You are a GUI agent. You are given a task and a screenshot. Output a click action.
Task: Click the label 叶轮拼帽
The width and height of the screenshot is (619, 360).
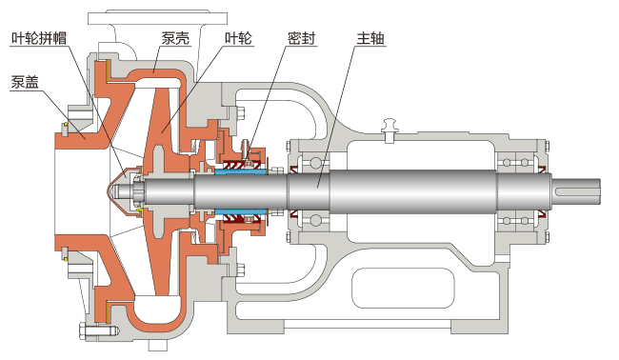(39, 38)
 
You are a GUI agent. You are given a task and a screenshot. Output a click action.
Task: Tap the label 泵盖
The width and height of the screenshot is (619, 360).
(25, 82)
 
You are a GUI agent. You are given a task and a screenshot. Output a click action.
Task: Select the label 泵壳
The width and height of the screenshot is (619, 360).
(175, 38)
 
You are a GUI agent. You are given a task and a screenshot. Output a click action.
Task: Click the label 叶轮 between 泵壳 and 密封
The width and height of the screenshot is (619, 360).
(238, 38)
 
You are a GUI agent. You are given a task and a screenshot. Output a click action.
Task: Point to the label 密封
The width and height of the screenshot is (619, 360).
(301, 38)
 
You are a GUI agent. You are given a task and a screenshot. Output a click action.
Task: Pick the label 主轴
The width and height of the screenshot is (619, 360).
(370, 38)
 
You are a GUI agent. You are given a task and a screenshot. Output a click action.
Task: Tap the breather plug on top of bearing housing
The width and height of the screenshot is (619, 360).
(389, 130)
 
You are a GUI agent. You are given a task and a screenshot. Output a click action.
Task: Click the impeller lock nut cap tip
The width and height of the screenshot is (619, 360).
(107, 191)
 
